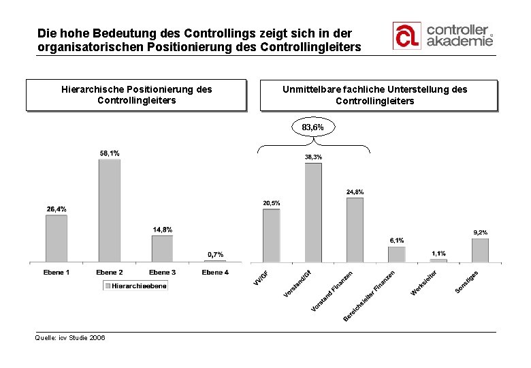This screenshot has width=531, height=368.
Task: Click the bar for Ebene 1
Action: pos(57,238)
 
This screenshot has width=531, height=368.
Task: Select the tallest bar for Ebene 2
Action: pos(110,211)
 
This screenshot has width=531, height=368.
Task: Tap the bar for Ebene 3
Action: pos(162,249)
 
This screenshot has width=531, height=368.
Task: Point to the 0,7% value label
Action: pos(215,255)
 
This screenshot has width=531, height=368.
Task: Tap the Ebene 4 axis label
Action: pos(215,273)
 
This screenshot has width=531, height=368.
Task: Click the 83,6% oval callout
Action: pos(313,127)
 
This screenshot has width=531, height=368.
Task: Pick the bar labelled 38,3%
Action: pos(313,212)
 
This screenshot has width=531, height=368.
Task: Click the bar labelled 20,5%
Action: pos(271,235)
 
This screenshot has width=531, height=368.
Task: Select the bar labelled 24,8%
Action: pos(355,230)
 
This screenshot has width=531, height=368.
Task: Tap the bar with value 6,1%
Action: pos(396,254)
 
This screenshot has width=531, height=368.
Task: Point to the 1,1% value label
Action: pos(438,254)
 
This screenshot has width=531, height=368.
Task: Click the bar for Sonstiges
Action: pos(480,250)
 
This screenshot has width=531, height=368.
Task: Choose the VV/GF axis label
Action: pos(261,279)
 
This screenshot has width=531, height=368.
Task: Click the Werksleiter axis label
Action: pos(424,283)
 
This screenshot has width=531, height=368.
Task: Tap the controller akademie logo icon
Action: pos(406,35)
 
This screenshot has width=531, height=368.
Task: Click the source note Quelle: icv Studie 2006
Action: pos(70,337)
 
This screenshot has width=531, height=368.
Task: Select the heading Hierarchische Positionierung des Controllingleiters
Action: pos(136,95)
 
